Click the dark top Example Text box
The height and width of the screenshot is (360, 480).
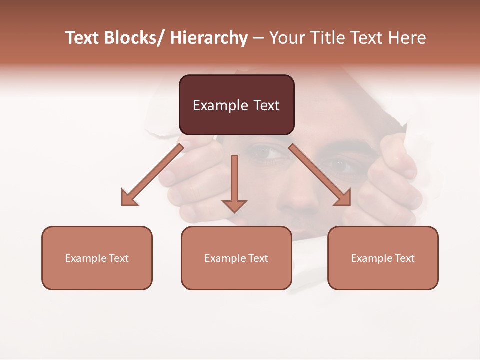(236, 105)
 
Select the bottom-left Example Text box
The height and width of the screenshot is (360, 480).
(97, 258)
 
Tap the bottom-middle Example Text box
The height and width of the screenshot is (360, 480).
(236, 258)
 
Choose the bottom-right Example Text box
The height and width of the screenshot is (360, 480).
(383, 258)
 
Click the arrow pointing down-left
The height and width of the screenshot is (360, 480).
(153, 175)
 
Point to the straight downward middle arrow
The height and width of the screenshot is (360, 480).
(234, 182)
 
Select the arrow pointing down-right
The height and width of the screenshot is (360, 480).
(319, 175)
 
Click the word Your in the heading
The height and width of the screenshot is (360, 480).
(286, 38)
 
